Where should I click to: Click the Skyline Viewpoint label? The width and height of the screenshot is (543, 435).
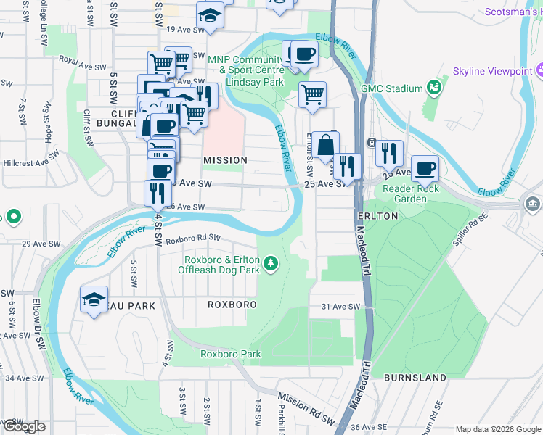(488, 71)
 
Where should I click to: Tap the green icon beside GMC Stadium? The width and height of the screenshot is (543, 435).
(435, 88)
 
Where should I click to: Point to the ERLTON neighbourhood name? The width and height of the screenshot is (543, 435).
(377, 216)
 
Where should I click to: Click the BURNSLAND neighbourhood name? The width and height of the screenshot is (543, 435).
(415, 378)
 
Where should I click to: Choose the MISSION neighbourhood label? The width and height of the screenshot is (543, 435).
(225, 159)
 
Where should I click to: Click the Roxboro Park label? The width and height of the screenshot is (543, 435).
(230, 354)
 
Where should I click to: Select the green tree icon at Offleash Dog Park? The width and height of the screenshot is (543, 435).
(271, 262)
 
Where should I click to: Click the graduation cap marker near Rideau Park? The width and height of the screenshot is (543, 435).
(94, 299)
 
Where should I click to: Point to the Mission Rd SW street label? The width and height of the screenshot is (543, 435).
(306, 399)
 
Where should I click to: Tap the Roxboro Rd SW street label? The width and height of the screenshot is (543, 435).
(192, 239)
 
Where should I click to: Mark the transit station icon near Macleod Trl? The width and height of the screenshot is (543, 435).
(372, 142)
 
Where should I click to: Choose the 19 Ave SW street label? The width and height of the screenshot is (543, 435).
(183, 29)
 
